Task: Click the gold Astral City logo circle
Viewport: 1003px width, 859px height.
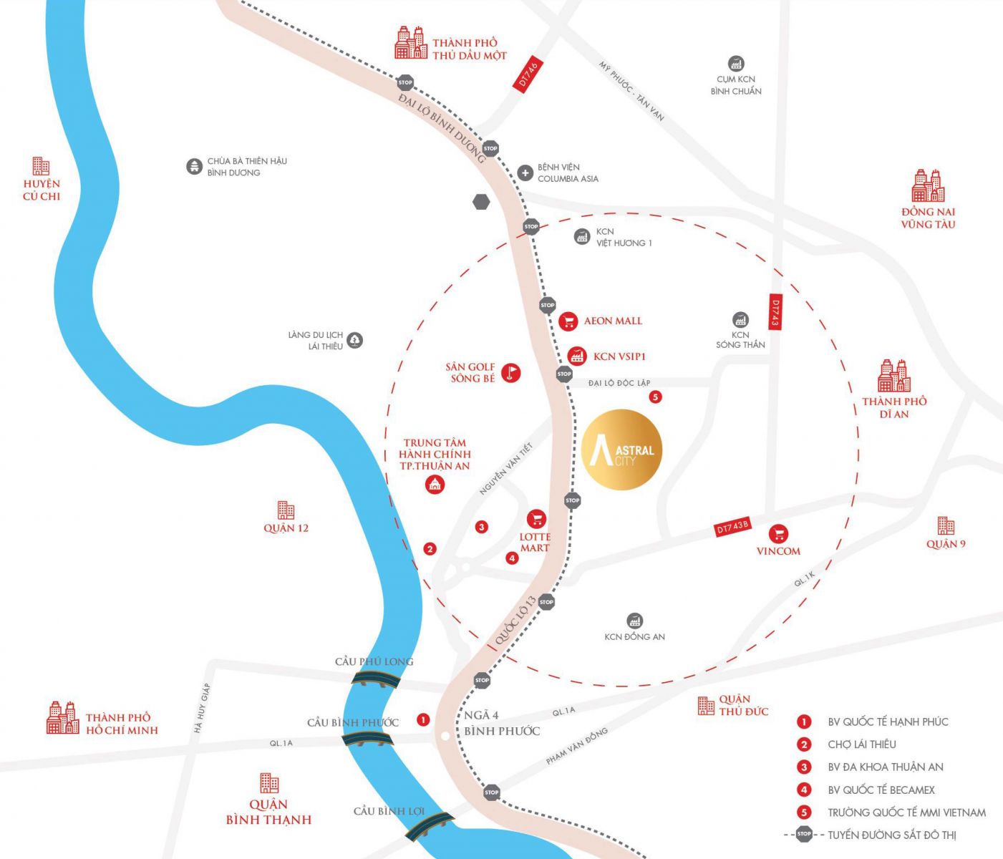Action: (x=621, y=450)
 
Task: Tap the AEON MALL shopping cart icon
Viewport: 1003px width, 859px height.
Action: (x=568, y=321)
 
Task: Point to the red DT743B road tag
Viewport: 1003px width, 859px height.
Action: (x=732, y=528)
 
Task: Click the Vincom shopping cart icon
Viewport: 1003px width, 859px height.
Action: (x=778, y=533)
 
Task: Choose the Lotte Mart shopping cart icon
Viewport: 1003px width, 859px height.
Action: (x=536, y=519)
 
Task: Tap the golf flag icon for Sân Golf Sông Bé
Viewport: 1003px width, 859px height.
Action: (x=510, y=372)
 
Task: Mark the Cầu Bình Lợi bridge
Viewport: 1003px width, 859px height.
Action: (x=429, y=826)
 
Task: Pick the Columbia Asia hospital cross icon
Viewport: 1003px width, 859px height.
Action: (x=525, y=173)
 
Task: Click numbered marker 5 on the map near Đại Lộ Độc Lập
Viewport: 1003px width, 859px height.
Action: (x=655, y=397)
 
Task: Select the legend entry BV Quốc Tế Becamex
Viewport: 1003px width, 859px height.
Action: (x=881, y=790)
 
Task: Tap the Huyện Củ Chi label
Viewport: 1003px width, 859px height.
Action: (x=42, y=190)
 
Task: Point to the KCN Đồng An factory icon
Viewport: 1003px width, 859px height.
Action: (x=634, y=621)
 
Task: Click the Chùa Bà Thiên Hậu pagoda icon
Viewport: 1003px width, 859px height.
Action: (x=194, y=167)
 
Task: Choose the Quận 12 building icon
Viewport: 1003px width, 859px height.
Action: (x=286, y=510)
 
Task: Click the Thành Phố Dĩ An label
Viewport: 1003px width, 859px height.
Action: (x=894, y=407)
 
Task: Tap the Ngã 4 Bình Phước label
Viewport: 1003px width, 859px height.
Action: (x=501, y=723)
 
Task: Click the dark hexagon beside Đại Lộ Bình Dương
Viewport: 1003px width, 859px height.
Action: (x=481, y=202)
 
